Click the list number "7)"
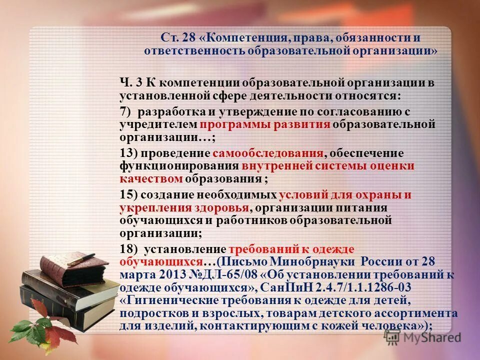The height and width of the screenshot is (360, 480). [125, 111]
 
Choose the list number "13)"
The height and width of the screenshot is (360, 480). [128, 153]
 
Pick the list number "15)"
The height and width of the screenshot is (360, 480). [128, 195]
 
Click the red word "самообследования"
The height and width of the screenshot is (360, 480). [268, 153]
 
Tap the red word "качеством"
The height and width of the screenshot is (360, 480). [151, 178]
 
